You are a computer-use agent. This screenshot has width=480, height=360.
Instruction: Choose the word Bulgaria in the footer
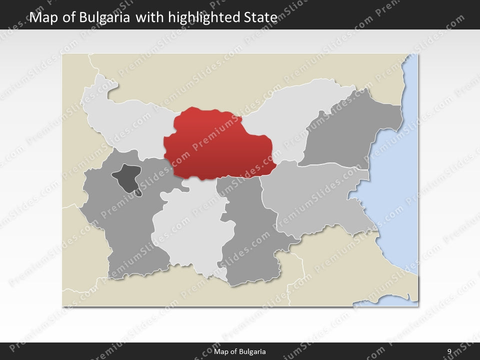[x=252, y=352]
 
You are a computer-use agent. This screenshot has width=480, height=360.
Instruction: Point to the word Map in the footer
[x=220, y=352]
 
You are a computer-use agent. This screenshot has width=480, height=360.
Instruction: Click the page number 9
[x=449, y=352]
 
